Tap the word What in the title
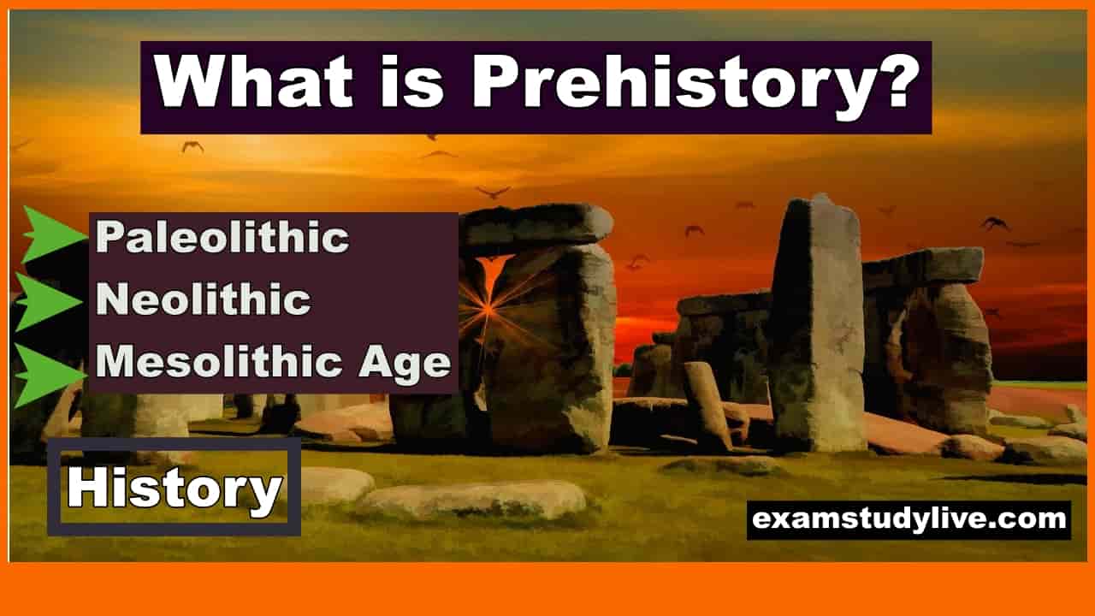click(254, 80)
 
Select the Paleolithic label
click(222, 237)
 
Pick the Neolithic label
click(204, 299)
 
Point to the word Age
click(405, 364)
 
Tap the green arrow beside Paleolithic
click(54, 235)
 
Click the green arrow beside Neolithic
click(48, 302)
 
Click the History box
click(175, 487)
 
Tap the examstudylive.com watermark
click(909, 519)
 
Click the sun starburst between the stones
click(488, 307)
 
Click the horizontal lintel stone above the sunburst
click(538, 228)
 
